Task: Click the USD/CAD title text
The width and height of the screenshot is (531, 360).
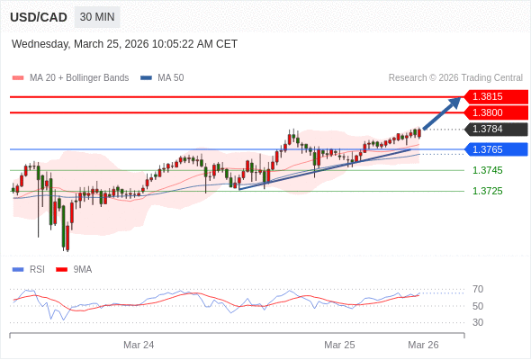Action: pos(39,17)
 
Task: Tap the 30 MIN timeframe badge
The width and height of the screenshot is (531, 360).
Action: pos(97,17)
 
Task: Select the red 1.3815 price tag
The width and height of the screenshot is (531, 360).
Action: pos(496,97)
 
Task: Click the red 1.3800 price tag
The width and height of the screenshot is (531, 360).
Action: pos(496,112)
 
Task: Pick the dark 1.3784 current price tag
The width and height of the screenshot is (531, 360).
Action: pos(496,129)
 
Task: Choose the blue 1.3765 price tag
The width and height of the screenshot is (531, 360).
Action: pos(496,149)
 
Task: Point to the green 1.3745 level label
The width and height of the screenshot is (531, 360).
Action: pos(487,170)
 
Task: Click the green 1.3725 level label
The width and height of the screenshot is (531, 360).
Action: pos(487,191)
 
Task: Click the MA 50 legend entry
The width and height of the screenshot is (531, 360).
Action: pos(162,78)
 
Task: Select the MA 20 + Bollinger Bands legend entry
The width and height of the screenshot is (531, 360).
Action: pos(70,78)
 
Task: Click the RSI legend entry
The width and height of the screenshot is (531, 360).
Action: pos(29,270)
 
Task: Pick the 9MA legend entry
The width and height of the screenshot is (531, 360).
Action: pos(74,270)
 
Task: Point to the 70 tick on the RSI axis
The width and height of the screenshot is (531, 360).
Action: pos(478,289)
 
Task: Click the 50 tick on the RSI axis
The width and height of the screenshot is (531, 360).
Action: pos(478,306)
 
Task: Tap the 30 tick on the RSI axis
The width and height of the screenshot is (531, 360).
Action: pos(478,322)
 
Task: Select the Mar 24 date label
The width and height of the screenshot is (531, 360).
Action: pos(139,345)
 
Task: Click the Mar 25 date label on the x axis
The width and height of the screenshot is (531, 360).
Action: pos(339,345)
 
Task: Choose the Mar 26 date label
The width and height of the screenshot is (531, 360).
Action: pos(423,345)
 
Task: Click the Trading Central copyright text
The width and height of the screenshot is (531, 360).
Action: pos(455,78)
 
